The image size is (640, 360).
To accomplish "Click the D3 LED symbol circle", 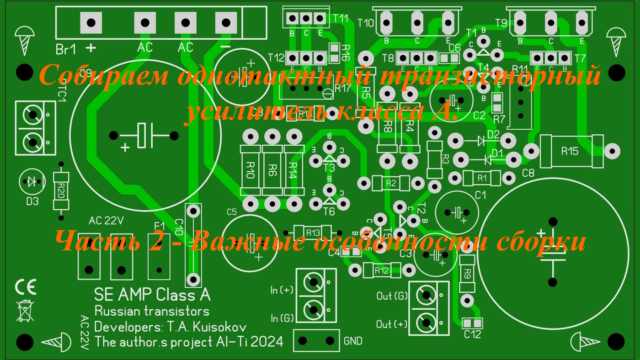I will (32, 182).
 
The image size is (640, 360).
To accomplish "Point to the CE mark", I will (26, 287).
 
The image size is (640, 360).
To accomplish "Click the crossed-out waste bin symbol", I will (26, 310).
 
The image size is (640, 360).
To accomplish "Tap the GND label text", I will (352, 341).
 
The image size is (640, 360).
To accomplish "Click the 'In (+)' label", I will (282, 290).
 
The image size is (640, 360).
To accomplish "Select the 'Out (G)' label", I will (392, 296).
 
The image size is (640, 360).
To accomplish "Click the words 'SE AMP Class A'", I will (152, 295).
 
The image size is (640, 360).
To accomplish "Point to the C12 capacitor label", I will (472, 334).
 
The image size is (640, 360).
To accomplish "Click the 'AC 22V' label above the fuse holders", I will (106, 222).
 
